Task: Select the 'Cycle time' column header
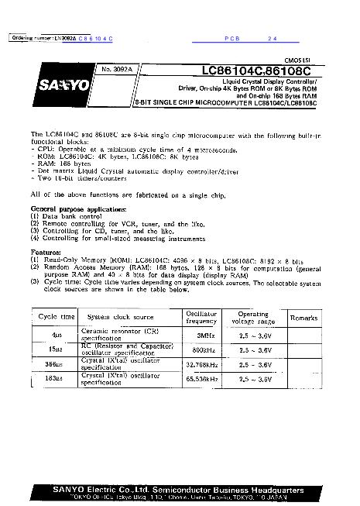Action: (56, 318)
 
